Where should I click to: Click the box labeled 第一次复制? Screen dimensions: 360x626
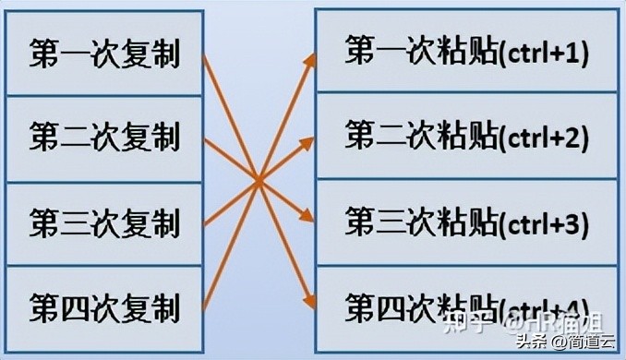103,53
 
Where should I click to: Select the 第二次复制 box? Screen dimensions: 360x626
103,138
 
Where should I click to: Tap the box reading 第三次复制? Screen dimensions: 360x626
103,223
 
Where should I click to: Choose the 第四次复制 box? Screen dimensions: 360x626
103,306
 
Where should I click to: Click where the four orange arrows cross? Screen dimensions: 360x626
259,179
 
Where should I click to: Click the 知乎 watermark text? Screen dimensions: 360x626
465,324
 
